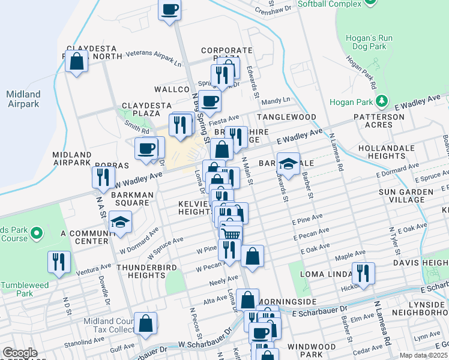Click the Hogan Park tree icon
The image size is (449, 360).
(380, 100)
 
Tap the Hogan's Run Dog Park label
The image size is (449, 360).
(369, 43)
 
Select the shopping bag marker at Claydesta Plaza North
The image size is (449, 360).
(77, 61)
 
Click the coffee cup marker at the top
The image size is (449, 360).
(170, 10)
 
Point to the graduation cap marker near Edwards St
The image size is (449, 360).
(288, 164)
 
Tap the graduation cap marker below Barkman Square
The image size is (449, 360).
(121, 222)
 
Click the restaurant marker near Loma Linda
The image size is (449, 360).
(363, 272)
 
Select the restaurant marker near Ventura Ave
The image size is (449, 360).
(59, 261)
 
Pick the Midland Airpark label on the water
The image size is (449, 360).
(23, 99)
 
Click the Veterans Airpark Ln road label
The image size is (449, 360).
(149, 58)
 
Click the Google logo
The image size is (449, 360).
(20, 353)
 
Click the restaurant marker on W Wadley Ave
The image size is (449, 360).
(103, 176)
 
